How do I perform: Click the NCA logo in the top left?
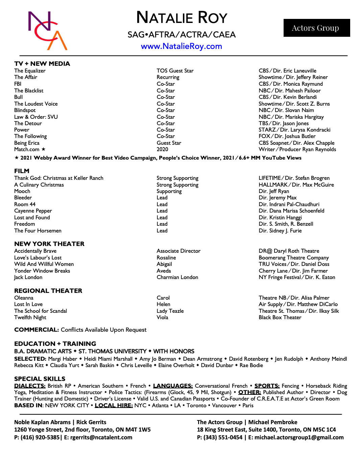(x=47, y=30)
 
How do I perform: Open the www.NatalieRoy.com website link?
(x=182, y=46)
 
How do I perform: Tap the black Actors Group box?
(x=316, y=28)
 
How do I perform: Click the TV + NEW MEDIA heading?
(x=42, y=64)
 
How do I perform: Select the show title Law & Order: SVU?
(x=36, y=117)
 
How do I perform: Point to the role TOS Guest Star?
(x=175, y=71)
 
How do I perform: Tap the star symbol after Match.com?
(x=44, y=149)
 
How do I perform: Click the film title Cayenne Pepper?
(x=33, y=211)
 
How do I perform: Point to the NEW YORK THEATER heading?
(x=49, y=244)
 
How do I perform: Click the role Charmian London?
(x=177, y=277)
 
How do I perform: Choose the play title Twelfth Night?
(x=30, y=318)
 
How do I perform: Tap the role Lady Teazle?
(x=170, y=311)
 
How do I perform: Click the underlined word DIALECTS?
(x=30, y=386)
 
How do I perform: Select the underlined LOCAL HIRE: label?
(x=114, y=405)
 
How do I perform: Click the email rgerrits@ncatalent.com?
(x=101, y=437)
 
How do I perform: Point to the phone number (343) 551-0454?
(x=223, y=437)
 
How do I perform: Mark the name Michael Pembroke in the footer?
(x=273, y=422)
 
